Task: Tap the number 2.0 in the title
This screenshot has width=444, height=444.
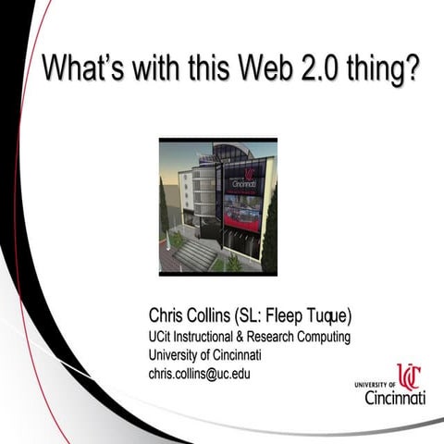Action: click(312, 69)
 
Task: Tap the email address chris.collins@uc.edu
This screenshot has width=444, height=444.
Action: click(200, 375)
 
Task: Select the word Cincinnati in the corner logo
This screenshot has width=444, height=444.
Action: click(395, 397)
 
